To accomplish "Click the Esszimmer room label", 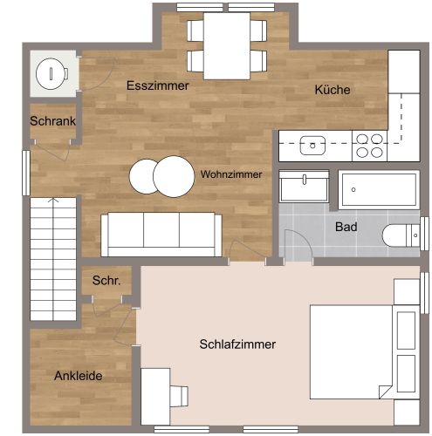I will click(158, 85).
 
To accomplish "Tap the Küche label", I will click(333, 90).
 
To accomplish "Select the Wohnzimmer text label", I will click(230, 174).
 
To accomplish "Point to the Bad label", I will click(346, 227).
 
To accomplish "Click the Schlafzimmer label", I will click(237, 344).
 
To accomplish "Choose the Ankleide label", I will click(79, 377).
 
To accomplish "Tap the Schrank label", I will click(52, 121).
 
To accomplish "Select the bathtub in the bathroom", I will click(379, 188).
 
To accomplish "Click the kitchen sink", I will click(312, 145).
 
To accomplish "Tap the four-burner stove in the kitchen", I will click(369, 145).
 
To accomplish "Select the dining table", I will click(227, 45).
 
